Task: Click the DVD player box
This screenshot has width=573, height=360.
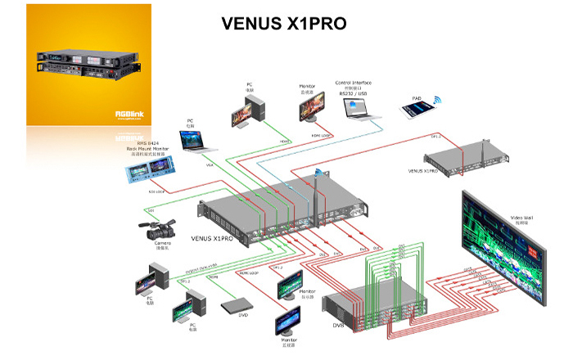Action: click(237, 306)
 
